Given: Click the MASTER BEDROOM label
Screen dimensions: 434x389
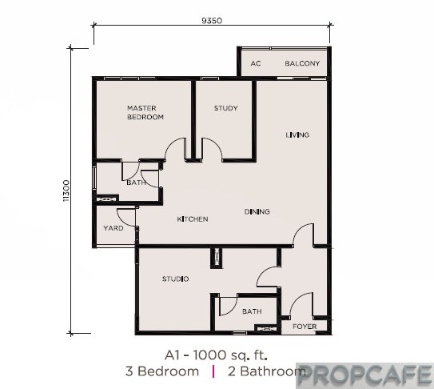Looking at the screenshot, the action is point(145,113).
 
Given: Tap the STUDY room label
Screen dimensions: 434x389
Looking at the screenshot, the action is point(226,108).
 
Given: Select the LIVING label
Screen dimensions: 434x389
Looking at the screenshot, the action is point(297,135).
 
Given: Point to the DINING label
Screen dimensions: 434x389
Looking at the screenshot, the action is point(257,212).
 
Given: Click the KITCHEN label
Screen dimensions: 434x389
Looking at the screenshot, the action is point(193,219).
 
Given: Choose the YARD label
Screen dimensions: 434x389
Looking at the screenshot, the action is point(113,228).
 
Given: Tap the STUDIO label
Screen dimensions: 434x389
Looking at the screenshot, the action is point(176,279).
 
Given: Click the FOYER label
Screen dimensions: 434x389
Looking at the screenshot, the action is point(305,327).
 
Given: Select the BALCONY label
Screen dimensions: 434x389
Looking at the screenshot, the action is point(302,63).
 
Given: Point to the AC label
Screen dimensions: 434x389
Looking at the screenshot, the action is point(256,63).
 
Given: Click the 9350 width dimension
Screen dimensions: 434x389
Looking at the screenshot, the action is point(212,21).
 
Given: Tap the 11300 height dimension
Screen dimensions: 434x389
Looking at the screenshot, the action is point(66,190).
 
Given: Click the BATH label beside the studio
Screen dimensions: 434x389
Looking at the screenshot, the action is point(252,311).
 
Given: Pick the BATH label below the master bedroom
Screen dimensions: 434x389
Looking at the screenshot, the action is point(136,182).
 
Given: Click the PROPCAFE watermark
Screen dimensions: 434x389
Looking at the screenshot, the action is point(365,376).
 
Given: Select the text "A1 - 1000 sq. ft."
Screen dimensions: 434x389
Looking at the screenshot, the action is point(216,355).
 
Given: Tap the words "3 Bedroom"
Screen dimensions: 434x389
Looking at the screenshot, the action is point(162,371).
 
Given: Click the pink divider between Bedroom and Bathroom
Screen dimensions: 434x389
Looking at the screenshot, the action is point(213,371).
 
